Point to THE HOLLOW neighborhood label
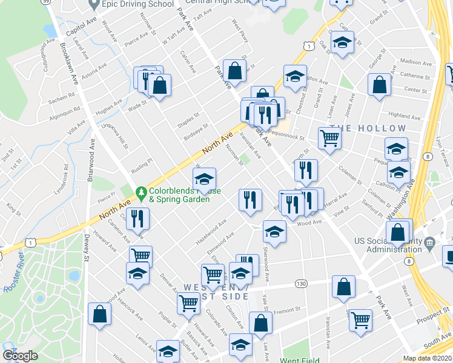coord(368,128)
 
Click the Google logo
coord(20,355)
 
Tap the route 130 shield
coord(300,283)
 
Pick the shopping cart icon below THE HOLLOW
coord(329,137)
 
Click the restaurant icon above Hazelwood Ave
coord(250,199)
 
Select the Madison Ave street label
coord(415,62)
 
